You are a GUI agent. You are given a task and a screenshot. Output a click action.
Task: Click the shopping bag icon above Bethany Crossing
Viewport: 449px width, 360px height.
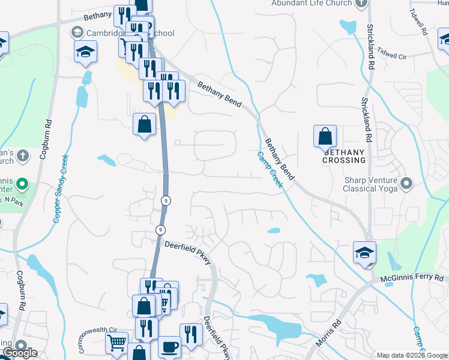325,136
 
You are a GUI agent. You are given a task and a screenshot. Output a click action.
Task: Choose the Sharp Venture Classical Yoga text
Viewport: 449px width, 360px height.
370,184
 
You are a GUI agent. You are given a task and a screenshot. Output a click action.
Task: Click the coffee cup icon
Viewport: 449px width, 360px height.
169,347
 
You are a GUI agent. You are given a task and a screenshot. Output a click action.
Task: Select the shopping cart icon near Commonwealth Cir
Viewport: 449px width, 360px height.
116,343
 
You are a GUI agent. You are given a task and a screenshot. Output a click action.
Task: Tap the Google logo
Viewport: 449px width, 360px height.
20,353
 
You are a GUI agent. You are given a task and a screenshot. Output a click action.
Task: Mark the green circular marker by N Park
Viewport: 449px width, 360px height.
22,183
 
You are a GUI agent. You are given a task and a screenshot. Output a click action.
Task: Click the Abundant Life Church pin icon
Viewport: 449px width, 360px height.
360,4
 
